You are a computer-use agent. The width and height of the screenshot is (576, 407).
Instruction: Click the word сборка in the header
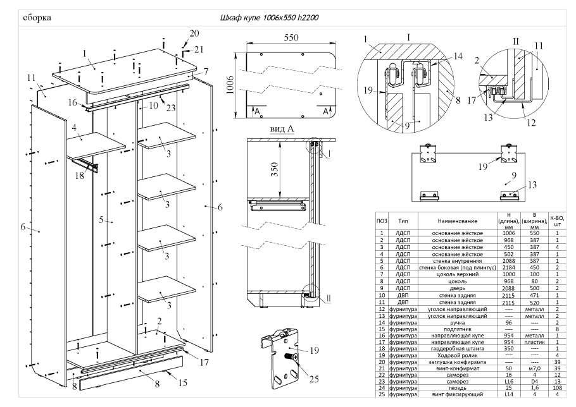37,17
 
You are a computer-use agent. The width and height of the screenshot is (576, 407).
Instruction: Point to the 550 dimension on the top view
291,38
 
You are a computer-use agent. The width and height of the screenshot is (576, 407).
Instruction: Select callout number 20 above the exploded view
193,33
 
